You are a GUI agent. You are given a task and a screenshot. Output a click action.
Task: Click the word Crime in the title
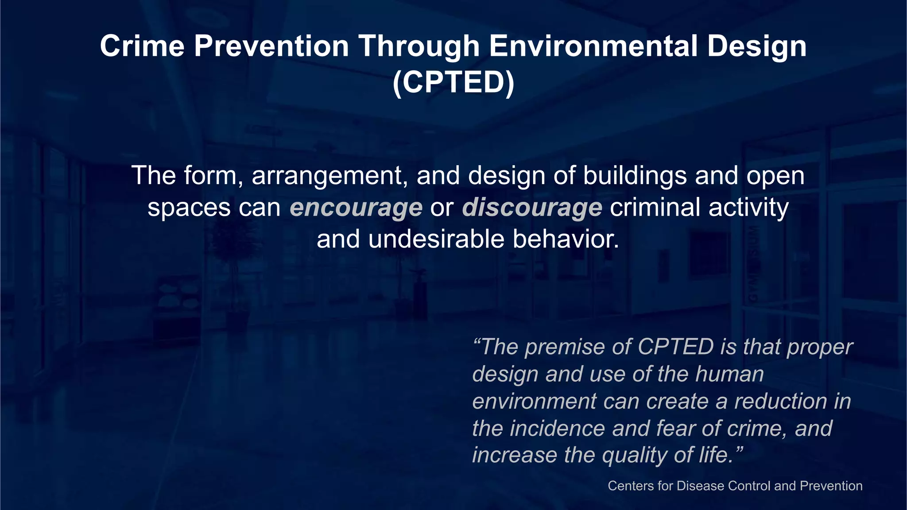(142, 46)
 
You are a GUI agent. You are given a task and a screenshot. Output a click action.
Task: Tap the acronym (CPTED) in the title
(453, 82)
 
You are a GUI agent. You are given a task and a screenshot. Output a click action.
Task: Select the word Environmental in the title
(593, 46)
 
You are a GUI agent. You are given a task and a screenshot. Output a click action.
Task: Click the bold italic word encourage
(356, 208)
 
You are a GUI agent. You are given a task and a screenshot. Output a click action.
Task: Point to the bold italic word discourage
(531, 208)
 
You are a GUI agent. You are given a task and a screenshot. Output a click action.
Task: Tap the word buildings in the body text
(635, 176)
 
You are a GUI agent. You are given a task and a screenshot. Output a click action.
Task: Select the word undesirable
(436, 240)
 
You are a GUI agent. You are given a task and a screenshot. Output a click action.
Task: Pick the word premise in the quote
(565, 347)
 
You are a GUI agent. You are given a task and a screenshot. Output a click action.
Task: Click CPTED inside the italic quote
(675, 347)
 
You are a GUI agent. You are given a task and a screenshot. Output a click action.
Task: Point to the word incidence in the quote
(557, 429)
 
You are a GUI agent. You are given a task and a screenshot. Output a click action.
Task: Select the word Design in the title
(756, 46)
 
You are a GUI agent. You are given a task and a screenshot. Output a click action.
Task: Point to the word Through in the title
(419, 46)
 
